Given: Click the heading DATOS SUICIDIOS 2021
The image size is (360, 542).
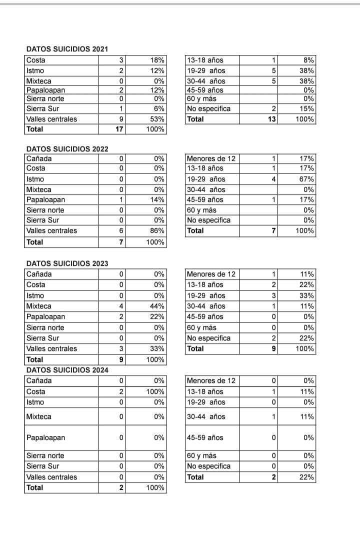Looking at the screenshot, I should click(x=67, y=49).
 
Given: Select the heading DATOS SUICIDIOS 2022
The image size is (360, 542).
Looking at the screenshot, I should click(x=67, y=148).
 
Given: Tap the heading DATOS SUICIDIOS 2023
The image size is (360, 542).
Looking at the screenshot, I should click(x=67, y=263).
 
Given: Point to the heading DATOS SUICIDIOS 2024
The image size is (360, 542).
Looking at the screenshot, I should click(x=67, y=370).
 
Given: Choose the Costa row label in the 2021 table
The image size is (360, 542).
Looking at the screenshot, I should click(x=35, y=60).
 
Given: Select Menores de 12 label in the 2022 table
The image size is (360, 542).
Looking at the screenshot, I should click(x=210, y=158).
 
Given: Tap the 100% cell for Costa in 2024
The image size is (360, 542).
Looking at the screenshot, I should click(x=155, y=391).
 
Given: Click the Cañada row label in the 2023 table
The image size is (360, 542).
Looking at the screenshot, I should click(x=38, y=274).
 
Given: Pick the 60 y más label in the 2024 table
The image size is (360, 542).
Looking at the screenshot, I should click(x=201, y=455).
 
